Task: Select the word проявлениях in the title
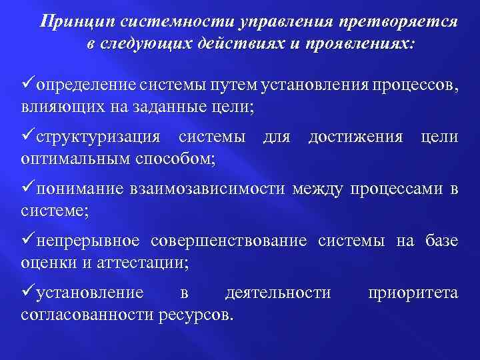[x=361, y=43]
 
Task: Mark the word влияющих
[x=60, y=107]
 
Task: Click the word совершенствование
[x=229, y=241]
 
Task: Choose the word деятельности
[x=278, y=293]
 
